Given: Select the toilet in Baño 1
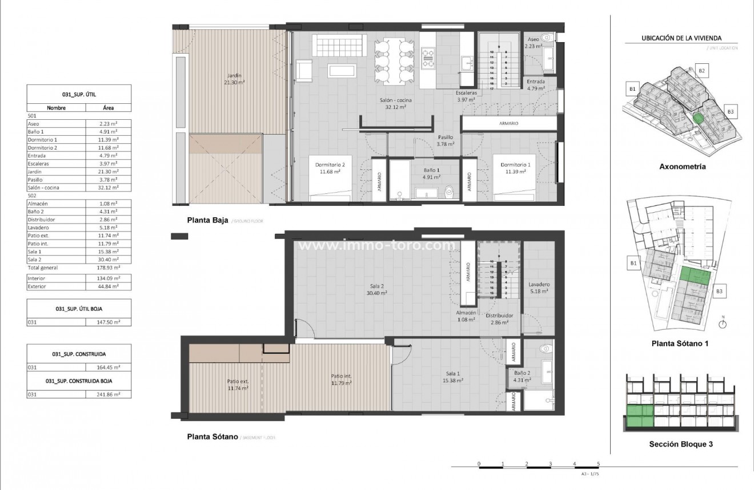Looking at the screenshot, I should pos(450,192).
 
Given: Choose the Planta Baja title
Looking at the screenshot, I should pos(208,220).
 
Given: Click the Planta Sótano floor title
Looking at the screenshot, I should pos(212,437).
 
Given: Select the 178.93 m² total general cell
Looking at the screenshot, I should pos(109,267).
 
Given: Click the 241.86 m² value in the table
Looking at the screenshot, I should pos(109,394).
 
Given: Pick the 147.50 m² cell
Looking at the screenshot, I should pos(109,322).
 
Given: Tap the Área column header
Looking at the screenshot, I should pos(109,107).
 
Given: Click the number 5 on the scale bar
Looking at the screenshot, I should pos(598,463).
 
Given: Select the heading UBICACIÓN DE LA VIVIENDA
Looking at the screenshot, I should pos(674,38).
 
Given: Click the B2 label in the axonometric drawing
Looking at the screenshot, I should pos(703,71).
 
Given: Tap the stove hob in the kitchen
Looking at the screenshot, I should pos(428,55).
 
